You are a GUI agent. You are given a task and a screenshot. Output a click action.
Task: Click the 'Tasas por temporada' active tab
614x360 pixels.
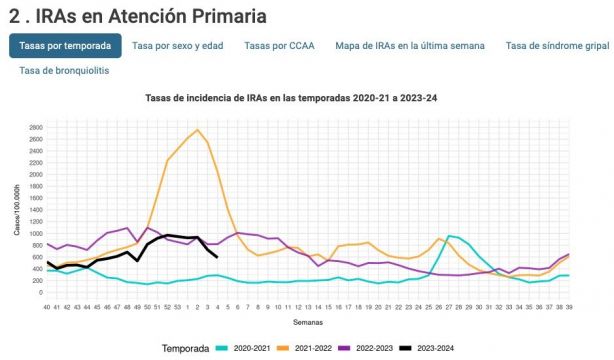click(x=66, y=45)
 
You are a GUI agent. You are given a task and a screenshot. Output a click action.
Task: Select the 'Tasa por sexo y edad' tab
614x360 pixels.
click(x=178, y=45)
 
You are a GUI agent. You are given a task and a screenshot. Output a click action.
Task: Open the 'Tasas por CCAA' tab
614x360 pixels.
click(x=279, y=45)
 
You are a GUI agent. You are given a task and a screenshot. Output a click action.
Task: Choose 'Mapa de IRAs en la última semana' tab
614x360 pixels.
click(x=410, y=45)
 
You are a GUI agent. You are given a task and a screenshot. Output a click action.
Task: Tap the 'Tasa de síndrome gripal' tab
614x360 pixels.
click(x=557, y=45)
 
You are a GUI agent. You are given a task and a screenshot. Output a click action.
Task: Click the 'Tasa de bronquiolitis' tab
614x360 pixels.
click(x=64, y=71)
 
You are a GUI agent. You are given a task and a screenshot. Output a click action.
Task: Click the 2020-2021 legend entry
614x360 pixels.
click(x=246, y=347)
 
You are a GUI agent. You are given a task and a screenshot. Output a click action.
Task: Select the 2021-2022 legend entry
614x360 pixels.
click(x=317, y=347)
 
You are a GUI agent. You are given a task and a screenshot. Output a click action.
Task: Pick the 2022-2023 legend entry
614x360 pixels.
click(x=389, y=347)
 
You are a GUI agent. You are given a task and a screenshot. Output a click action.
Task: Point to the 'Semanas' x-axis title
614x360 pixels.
click(x=306, y=323)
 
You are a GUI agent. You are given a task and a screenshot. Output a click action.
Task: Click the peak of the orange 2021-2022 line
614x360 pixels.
click(x=197, y=130)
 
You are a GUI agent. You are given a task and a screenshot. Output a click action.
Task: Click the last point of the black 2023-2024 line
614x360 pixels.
click(x=218, y=257)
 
